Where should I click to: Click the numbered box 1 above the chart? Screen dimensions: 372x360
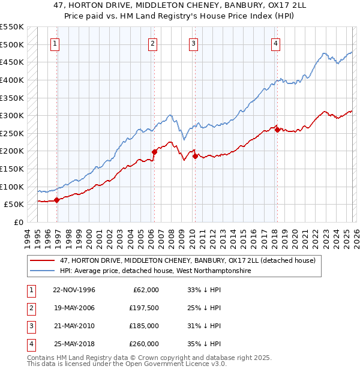tap(55, 43)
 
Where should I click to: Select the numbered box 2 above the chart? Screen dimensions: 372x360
tap(153, 43)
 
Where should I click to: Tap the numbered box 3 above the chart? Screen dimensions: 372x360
tap(194, 43)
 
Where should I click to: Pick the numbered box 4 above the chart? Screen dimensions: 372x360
tap(275, 43)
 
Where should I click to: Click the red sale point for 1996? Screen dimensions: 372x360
tap(57, 200)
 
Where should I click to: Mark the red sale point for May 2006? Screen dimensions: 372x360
tap(154, 152)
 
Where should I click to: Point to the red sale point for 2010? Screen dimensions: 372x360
tap(195, 157)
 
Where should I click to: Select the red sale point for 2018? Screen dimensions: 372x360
tap(277, 130)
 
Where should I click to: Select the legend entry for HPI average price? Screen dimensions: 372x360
tap(156, 271)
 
